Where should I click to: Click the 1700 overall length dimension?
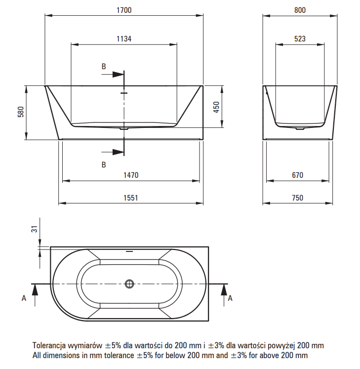tap(124, 10)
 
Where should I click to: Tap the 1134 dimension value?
tap(124, 39)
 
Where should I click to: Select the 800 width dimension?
tap(300, 10)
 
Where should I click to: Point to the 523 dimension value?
tap(300, 39)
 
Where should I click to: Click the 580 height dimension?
tap(21, 112)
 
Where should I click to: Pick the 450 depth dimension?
tap(216, 107)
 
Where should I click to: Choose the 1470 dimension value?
tap(131, 175)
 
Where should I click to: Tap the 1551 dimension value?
tap(131, 198)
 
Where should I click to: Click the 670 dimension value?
tap(298, 175)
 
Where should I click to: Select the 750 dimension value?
tap(298, 198)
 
